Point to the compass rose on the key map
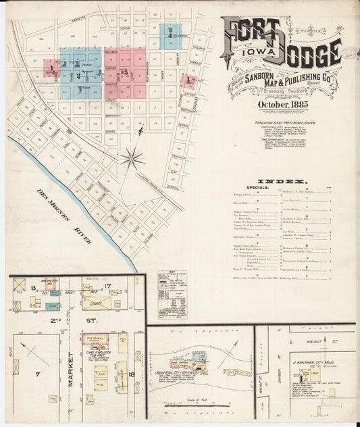(131, 159)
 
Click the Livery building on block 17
(105, 305)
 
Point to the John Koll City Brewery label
(176, 371)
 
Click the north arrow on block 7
(28, 351)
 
